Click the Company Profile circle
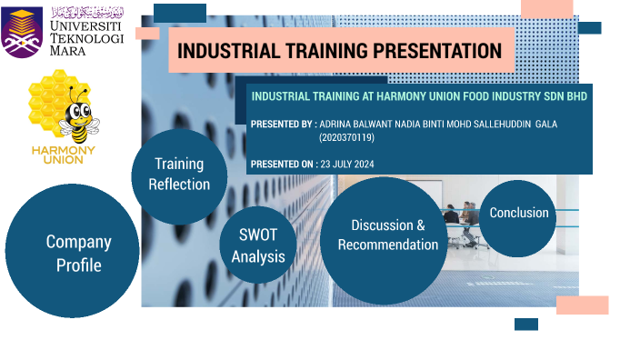click(x=72, y=252)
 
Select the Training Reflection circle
click(x=178, y=174)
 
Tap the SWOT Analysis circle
click(x=257, y=245)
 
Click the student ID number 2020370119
click(x=346, y=137)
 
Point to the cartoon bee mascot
click(x=79, y=116)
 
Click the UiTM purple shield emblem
click(x=22, y=33)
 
